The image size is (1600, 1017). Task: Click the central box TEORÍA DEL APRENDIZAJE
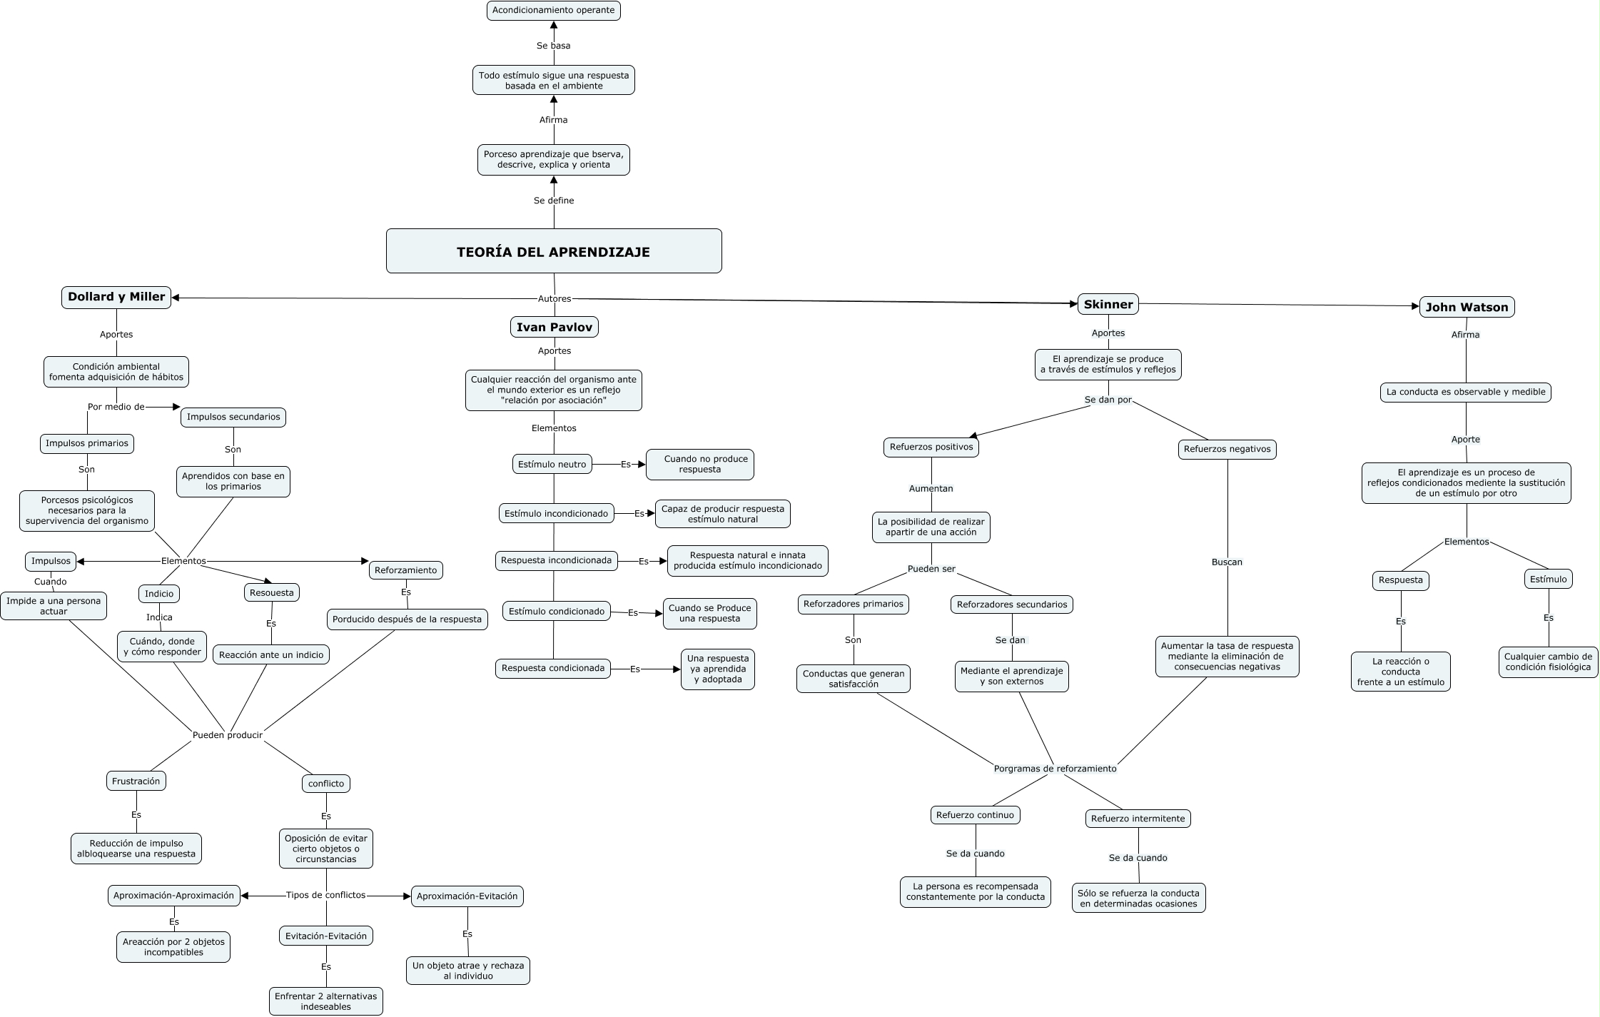coord(554,251)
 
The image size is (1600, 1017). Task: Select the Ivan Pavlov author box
coord(555,327)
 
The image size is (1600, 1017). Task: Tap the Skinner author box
coord(1108,304)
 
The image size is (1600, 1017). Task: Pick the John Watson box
coord(1467,307)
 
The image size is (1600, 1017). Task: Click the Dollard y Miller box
coord(116,297)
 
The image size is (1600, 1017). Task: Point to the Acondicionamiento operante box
coord(554,11)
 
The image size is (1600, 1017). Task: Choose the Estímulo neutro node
coord(552,464)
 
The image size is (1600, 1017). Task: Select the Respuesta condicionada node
coord(553,668)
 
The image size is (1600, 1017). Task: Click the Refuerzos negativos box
coord(1227,449)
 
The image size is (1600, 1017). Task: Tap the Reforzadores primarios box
coord(854,604)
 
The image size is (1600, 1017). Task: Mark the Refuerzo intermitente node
coord(1138,819)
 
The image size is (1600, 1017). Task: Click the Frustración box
coord(136,781)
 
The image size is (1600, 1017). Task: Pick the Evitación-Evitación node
coord(326,936)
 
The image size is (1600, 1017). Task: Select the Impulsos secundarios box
coord(233,417)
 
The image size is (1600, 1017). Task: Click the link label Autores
coord(555,298)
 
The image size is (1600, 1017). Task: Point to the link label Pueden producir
coord(228,735)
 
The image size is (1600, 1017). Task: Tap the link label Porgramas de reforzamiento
coord(1055,769)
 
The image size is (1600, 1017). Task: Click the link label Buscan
coord(1227,562)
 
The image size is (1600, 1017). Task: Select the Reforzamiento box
coord(406,570)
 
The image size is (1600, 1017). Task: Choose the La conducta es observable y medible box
coord(1466,392)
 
